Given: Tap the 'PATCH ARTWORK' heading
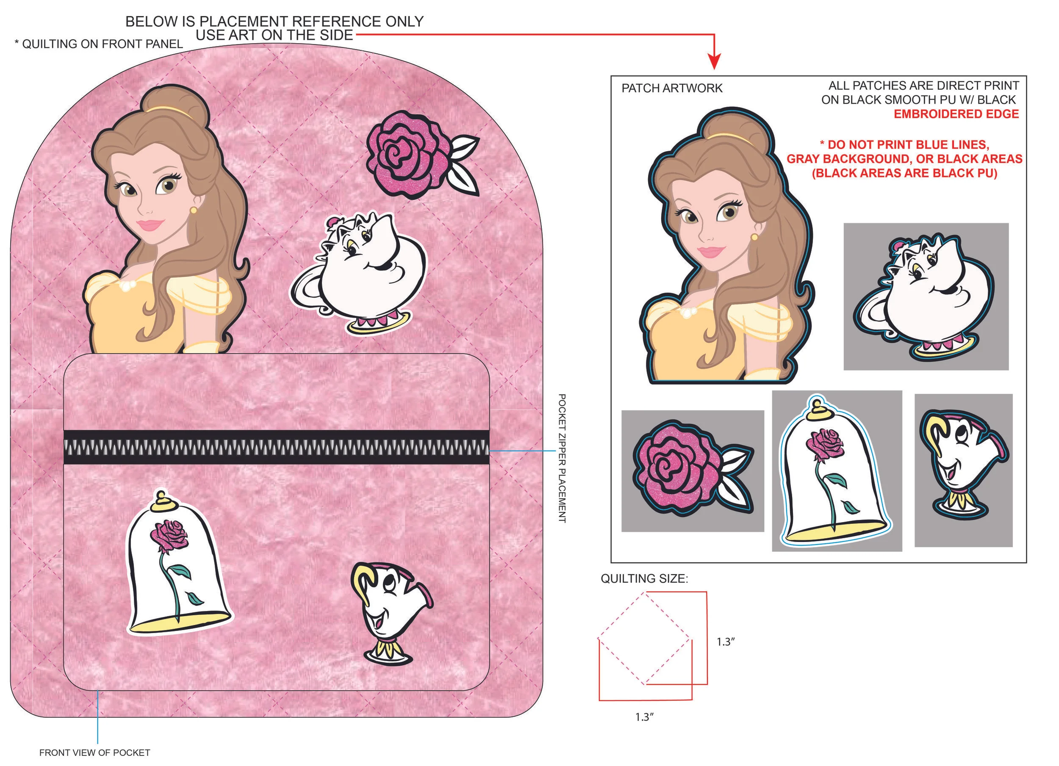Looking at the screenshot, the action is tap(672, 88).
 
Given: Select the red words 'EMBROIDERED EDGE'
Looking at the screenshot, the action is tap(956, 114).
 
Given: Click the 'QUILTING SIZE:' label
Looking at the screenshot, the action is tap(644, 579).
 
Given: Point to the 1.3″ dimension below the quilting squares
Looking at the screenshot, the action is tap(644, 717).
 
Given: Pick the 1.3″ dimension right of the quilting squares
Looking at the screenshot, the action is tap(726, 642).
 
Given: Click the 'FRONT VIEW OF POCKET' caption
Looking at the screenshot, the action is tap(95, 753).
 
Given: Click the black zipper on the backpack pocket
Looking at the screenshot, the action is tap(277, 447).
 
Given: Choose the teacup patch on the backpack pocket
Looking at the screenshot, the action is tap(391, 614).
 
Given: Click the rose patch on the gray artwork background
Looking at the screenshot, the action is tap(693, 470).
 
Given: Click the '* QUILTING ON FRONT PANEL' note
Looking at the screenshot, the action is tap(99, 44).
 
